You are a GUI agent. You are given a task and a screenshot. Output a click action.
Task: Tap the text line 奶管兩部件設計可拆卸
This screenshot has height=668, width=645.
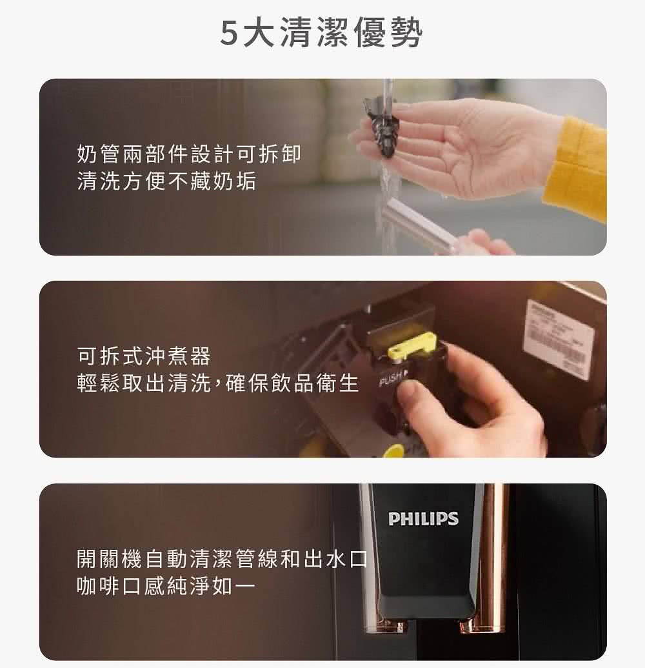coord(188,155)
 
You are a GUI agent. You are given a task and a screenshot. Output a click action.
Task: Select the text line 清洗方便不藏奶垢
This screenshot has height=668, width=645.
coord(166,182)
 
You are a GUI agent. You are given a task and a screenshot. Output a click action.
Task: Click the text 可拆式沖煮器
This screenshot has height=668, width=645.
coord(143,356)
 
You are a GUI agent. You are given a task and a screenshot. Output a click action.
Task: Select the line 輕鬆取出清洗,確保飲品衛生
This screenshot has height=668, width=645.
coord(217,383)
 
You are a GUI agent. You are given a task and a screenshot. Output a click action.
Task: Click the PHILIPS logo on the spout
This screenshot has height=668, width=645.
coord(423,518)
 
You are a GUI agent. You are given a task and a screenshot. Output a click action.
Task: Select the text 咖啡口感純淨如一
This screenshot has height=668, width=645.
coord(166,586)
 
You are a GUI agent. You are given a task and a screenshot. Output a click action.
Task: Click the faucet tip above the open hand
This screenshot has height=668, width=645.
coord(388,94)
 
